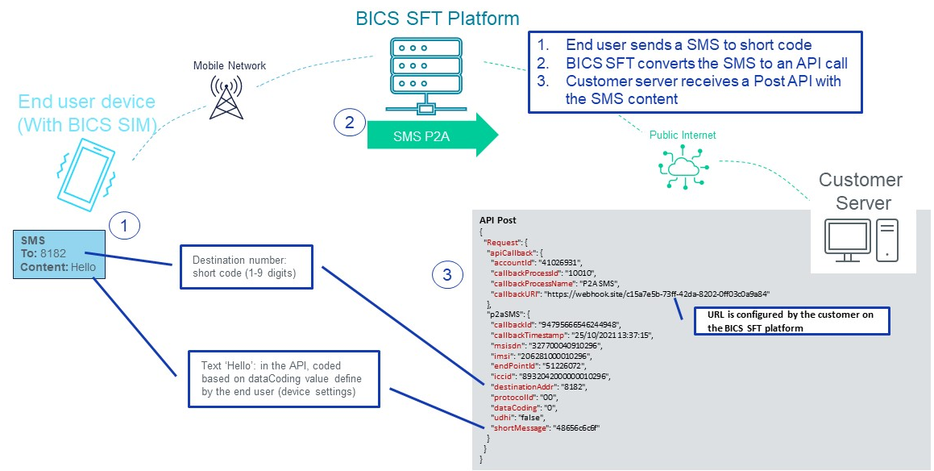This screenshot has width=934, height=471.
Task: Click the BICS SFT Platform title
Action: point(438,17)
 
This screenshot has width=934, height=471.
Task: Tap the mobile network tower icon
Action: point(225,97)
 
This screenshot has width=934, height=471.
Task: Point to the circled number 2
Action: point(350,123)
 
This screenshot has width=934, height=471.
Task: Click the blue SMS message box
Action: point(60,254)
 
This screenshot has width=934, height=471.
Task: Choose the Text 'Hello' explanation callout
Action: point(283,377)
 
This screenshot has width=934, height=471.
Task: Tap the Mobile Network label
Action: point(230,65)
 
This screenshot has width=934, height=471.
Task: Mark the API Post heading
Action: point(498,219)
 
